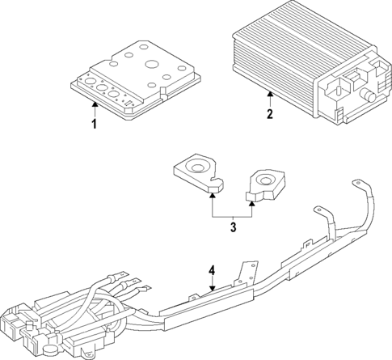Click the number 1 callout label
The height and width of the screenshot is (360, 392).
pyautogui.click(x=94, y=123)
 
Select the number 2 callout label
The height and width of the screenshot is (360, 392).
pyautogui.click(x=269, y=114)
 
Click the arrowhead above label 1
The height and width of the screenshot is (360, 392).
pyautogui.click(x=94, y=104)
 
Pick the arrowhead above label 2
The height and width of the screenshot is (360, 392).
pyautogui.click(x=269, y=94)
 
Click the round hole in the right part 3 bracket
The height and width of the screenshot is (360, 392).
pyautogui.click(x=263, y=180)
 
